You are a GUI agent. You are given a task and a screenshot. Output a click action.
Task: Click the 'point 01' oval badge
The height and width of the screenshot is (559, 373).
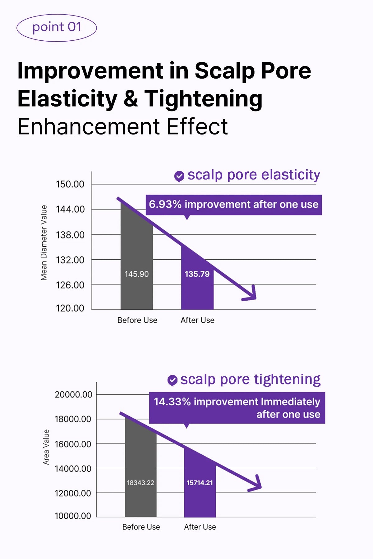click(57, 28)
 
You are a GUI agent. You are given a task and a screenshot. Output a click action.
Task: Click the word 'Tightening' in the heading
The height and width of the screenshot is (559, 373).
click(203, 99)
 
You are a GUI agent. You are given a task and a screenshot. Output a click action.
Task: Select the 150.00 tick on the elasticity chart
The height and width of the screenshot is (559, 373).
click(70, 184)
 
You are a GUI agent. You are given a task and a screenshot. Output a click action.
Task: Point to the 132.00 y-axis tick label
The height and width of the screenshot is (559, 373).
click(70, 260)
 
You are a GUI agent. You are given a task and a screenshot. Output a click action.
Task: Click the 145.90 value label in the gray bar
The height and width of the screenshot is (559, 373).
click(136, 274)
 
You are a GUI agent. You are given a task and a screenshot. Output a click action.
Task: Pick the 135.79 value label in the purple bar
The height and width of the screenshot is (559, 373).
click(197, 274)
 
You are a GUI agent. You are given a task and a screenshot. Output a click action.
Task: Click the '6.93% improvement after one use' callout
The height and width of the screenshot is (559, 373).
click(234, 205)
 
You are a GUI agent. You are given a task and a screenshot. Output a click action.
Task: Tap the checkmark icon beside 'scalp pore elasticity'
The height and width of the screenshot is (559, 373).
click(179, 176)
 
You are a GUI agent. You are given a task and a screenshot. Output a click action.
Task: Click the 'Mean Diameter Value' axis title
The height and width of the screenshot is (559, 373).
click(44, 243)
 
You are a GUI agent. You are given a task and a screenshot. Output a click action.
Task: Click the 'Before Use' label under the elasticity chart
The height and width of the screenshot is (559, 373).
click(137, 320)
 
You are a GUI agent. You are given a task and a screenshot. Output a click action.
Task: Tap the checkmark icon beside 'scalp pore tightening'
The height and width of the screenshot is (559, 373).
click(172, 380)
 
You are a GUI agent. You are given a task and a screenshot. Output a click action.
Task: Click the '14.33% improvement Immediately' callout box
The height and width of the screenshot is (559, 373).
click(237, 408)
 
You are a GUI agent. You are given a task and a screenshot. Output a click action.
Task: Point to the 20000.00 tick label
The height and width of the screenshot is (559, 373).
click(73, 394)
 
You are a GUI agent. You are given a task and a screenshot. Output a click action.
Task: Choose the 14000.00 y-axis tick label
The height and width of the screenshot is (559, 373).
click(73, 468)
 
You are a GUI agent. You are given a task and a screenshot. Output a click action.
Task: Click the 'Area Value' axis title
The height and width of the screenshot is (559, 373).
click(46, 447)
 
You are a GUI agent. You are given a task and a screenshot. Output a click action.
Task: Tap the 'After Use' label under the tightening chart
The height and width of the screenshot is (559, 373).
click(200, 527)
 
